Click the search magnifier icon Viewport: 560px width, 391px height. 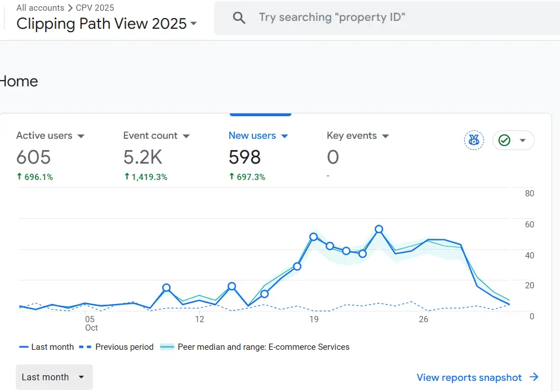(x=239, y=18)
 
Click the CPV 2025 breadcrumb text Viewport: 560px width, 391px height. (x=95, y=8)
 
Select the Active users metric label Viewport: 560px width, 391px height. (x=45, y=135)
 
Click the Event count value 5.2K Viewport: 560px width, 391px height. (x=143, y=157)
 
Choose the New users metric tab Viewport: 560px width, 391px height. (x=252, y=135)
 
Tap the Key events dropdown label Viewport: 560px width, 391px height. (x=352, y=135)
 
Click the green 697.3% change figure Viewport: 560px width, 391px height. (x=247, y=177)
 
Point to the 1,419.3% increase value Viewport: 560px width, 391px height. (x=145, y=177)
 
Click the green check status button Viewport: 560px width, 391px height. (x=513, y=140)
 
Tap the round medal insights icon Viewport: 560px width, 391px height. (x=474, y=140)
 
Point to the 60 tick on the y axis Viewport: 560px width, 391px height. (x=530, y=225)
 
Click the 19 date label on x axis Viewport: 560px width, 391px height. (x=314, y=319)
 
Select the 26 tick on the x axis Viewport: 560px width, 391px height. (x=424, y=319)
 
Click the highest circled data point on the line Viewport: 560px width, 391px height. (x=379, y=229)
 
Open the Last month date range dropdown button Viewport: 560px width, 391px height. (x=54, y=377)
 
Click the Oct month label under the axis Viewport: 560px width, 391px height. (x=91, y=328)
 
